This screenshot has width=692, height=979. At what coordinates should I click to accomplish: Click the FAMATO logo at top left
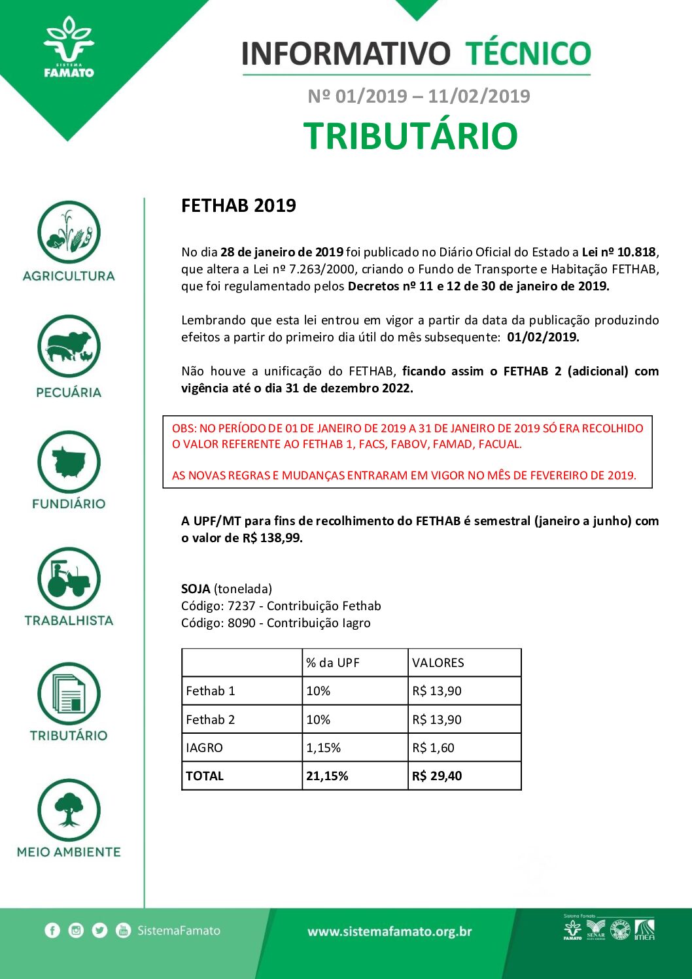[x=69, y=48]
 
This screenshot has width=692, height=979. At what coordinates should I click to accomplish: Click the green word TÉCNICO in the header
[x=528, y=54]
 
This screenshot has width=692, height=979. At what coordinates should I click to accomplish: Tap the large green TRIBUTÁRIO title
[x=411, y=136]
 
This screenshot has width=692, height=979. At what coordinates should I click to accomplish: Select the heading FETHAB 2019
[x=239, y=206]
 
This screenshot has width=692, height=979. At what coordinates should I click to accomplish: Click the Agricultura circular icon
[x=69, y=232]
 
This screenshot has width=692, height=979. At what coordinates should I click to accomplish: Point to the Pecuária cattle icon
[x=69, y=347]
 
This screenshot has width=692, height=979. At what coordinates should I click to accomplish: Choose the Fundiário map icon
[x=69, y=462]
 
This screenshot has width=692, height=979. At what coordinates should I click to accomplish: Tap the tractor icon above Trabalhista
[x=69, y=579]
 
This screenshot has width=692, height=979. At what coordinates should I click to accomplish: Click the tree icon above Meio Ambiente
[x=69, y=810]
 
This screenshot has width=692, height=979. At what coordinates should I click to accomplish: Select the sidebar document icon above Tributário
[x=69, y=694]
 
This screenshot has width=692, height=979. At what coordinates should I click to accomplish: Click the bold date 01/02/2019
[x=543, y=337]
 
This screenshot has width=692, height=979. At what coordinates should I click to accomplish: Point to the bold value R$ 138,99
[x=272, y=538]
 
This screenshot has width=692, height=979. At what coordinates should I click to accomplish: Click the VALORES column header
[x=438, y=662]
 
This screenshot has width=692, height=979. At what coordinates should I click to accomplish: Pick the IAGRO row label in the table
[x=205, y=747]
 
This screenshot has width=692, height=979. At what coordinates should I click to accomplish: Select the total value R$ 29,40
[x=437, y=776]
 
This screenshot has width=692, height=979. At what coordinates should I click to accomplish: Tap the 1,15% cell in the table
[x=324, y=747]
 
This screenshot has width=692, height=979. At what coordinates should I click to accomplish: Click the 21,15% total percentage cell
[x=327, y=776]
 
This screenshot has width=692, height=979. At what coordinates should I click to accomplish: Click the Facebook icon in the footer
[x=52, y=931]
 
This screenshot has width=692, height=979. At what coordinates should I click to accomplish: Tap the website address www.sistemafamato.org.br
[x=390, y=932]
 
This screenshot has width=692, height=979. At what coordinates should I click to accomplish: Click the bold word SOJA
[x=196, y=589]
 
